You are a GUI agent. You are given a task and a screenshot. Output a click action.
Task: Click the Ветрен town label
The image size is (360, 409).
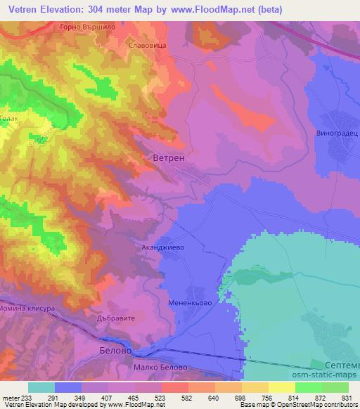[169, 159]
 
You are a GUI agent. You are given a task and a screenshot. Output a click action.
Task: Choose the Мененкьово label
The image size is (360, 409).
[191, 305]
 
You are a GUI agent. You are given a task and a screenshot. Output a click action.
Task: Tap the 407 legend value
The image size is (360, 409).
[108, 398]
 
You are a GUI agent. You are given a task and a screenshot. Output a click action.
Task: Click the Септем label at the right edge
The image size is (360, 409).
[343, 366]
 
